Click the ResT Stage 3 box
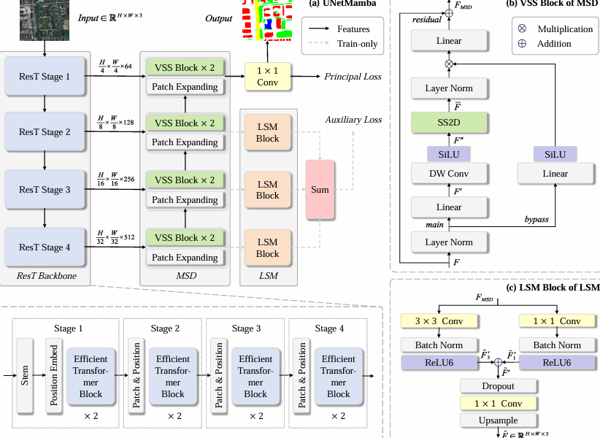tap(45, 190)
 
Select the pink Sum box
tap(320, 190)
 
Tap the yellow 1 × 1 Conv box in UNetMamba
tap(266, 77)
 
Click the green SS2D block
tap(448, 122)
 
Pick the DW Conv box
tap(448, 174)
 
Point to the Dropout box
tap(498, 385)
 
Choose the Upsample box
tap(498, 420)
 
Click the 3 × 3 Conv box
tap(438, 321)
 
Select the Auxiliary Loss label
tap(354, 119)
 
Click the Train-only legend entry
tap(358, 44)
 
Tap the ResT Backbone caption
tap(45, 276)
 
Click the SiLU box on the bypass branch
tap(555, 153)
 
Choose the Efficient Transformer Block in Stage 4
tap(338, 376)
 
